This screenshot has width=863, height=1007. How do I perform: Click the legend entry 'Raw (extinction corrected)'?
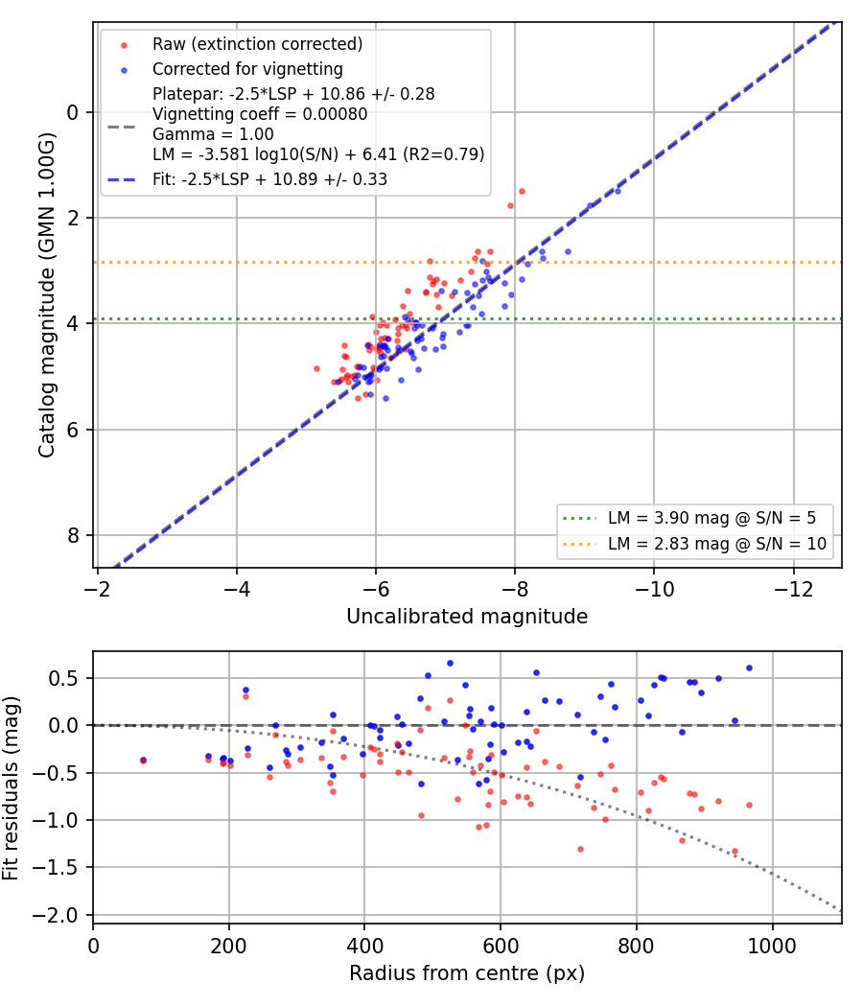click(258, 44)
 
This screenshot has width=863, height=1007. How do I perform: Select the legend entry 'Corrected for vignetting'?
click(247, 69)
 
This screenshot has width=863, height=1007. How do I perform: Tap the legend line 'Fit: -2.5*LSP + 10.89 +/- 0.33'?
click(269, 179)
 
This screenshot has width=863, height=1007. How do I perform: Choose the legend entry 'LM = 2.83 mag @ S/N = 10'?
click(717, 544)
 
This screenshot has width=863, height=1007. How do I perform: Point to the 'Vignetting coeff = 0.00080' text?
click(260, 114)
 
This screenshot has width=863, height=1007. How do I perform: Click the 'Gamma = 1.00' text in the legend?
click(213, 134)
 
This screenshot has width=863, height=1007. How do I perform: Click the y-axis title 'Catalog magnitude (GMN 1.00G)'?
click(47, 295)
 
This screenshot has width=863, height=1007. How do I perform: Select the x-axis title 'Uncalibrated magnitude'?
click(467, 617)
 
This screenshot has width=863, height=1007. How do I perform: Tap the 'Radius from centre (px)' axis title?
click(467, 973)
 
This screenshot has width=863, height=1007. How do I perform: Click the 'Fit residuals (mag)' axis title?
click(11, 788)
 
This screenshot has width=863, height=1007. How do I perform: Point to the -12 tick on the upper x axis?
click(794, 589)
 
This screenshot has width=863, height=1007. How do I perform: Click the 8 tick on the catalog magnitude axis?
click(73, 535)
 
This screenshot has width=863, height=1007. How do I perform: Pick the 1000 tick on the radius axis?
click(773, 946)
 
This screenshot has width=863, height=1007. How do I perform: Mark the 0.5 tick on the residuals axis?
click(63, 678)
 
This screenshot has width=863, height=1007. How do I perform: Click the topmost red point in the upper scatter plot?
click(522, 192)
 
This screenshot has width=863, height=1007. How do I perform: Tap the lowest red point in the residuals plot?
click(735, 852)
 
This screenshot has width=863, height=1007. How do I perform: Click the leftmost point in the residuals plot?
click(143, 761)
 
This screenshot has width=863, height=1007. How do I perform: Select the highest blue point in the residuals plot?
click(450, 664)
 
